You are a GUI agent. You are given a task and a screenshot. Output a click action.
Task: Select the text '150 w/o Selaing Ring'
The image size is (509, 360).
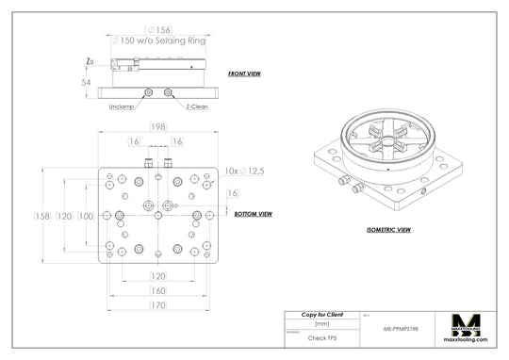point(161,41)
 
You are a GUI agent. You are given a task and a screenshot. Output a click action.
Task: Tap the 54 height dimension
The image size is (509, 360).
point(86,83)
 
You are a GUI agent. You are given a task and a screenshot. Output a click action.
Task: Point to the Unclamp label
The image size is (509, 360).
point(122,106)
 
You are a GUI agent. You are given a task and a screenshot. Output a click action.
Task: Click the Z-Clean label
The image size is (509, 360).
point(197,106)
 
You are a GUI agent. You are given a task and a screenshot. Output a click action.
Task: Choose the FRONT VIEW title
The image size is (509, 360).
point(245,73)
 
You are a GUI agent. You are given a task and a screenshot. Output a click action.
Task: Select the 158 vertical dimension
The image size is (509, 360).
point(42,216)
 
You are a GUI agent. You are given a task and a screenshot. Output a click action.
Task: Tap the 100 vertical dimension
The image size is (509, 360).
point(86,216)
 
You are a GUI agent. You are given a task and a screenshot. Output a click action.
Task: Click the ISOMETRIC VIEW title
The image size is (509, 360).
point(387,229)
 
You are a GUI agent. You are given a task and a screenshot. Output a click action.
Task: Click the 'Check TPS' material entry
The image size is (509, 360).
point(322,336)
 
